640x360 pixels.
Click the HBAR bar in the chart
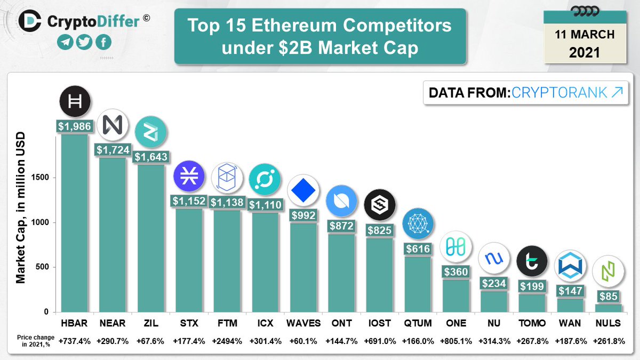pyautogui.click(x=75, y=224)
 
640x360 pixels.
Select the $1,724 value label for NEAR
pyautogui.click(x=113, y=150)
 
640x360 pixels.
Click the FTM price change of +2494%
pyautogui.click(x=228, y=341)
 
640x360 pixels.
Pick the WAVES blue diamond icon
pyautogui.click(x=303, y=191)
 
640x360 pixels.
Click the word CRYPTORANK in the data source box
pyautogui.click(x=559, y=92)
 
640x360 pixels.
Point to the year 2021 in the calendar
pyautogui.click(x=584, y=53)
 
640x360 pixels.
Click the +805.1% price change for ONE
pyautogui.click(x=457, y=341)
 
